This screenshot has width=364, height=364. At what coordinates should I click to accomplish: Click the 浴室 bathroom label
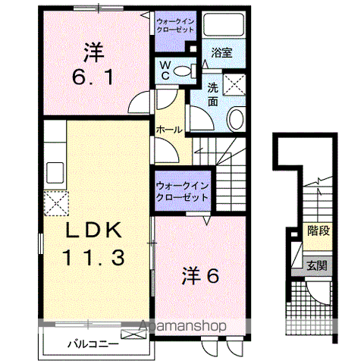tap(221, 54)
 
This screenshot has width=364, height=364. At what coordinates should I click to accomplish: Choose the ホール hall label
tap(168, 130)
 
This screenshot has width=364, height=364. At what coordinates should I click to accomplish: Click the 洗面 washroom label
tap(213, 93)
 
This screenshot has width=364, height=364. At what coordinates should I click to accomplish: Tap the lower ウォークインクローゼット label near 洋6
tap(181, 191)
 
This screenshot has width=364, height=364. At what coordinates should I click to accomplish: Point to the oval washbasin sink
tap(235, 118)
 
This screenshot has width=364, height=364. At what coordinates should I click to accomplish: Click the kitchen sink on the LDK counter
tap(55, 168)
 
